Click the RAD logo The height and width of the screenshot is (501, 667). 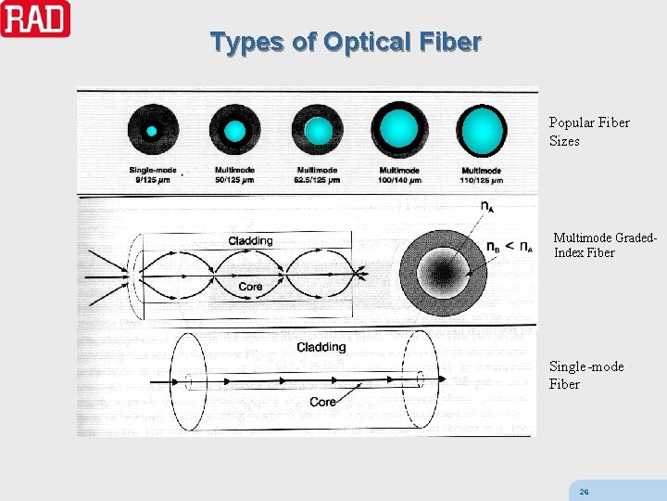click(x=35, y=19)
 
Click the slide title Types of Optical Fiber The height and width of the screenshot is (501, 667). click(x=345, y=43)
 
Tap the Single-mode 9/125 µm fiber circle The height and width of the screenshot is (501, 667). click(x=151, y=131)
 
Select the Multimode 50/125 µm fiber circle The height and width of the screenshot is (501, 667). click(x=235, y=131)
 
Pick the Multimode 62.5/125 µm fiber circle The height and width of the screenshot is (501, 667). click(x=317, y=131)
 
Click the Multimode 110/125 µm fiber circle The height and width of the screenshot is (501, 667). click(x=483, y=130)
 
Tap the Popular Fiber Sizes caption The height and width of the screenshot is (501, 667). click(x=575, y=132)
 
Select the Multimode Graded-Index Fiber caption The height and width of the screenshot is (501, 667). click(x=606, y=245)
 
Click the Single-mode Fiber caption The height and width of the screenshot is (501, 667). click(x=585, y=375)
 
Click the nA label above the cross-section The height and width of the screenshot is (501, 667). click(x=486, y=206)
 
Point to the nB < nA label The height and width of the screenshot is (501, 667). click(x=510, y=247)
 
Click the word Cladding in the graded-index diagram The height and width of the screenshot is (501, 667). click(x=250, y=241)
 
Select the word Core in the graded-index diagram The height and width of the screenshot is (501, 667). click(x=250, y=287)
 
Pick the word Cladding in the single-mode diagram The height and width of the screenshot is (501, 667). click(x=321, y=347)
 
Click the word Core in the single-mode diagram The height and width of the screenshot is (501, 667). click(x=322, y=402)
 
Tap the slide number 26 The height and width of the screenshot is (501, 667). click(x=584, y=491)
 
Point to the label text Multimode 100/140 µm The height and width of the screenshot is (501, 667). click(x=399, y=175)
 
